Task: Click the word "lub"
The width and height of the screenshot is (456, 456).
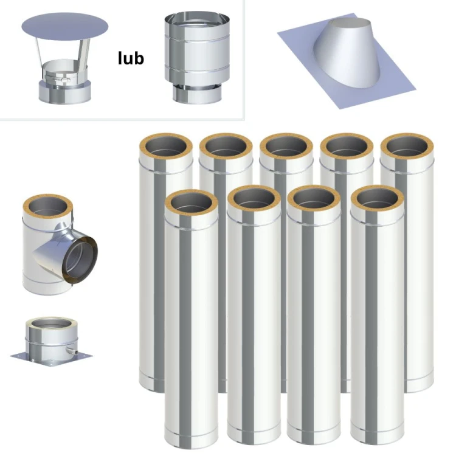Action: tap(131, 58)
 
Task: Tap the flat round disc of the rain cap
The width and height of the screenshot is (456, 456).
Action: tap(65, 27)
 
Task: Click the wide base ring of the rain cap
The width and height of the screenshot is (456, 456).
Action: tap(65, 92)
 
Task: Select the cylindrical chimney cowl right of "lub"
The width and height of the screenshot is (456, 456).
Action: tap(197, 58)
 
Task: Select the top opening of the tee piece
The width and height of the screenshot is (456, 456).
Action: tap(48, 206)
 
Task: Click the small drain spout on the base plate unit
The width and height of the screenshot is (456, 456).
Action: tap(72, 351)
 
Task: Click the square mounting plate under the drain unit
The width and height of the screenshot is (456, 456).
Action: tap(52, 359)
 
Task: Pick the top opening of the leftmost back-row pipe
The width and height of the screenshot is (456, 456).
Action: tap(166, 147)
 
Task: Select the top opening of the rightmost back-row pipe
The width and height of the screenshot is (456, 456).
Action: tap(407, 147)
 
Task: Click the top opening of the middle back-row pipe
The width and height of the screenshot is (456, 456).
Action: tap(286, 147)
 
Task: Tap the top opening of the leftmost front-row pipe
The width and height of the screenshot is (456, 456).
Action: tap(192, 202)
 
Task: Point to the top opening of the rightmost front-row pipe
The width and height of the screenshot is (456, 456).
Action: tap(378, 199)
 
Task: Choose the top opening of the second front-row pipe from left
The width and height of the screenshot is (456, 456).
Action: tap(254, 199)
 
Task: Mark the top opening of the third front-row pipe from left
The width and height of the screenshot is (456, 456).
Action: tap(314, 199)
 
